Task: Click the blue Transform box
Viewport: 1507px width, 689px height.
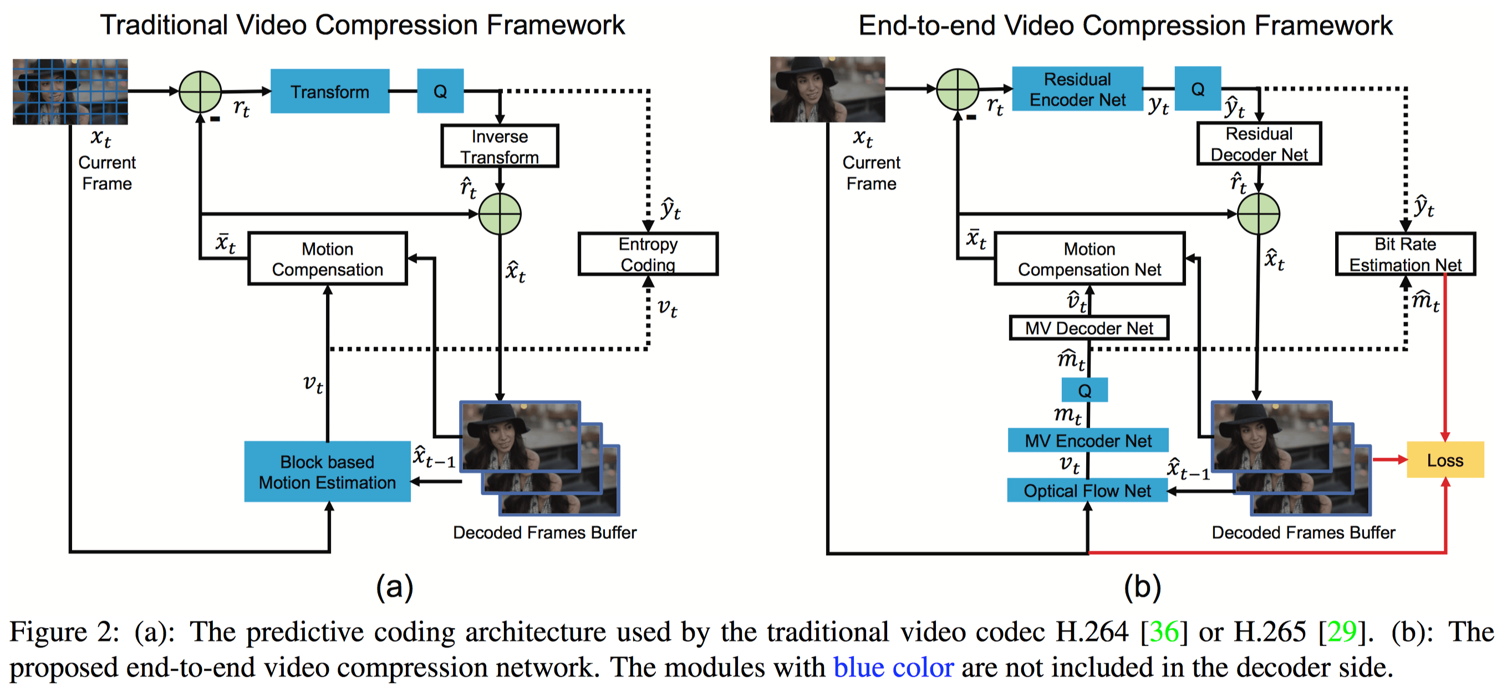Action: pos(329,92)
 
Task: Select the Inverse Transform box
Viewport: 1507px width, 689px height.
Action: pos(499,146)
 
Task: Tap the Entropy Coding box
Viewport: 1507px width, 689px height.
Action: pos(648,254)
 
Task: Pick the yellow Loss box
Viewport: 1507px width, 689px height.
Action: pos(1444,459)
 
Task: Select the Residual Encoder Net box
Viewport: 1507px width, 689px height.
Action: pos(1077,89)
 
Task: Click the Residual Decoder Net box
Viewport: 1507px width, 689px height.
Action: pos(1259,144)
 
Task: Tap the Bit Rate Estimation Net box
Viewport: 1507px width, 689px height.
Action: pos(1404,254)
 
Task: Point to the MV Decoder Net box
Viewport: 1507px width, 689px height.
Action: pos(1089,328)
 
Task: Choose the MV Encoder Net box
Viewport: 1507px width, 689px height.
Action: pos(1087,440)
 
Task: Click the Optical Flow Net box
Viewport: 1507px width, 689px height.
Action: pos(1086,490)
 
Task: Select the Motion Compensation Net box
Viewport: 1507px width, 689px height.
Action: pos(1089,259)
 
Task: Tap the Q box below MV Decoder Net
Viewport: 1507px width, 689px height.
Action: pos(1084,391)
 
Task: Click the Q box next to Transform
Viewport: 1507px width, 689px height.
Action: pos(440,92)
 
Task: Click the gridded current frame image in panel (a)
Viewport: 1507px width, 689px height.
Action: pos(70,92)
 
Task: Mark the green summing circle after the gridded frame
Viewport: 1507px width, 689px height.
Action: pos(200,92)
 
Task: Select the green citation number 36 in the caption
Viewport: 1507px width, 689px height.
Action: pos(1164,632)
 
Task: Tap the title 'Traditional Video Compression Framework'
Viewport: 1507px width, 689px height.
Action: pos(362,25)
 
